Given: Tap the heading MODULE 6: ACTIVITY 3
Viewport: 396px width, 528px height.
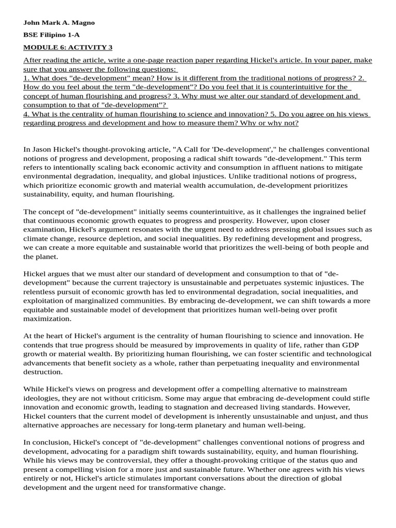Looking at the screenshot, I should tap(68, 47).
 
